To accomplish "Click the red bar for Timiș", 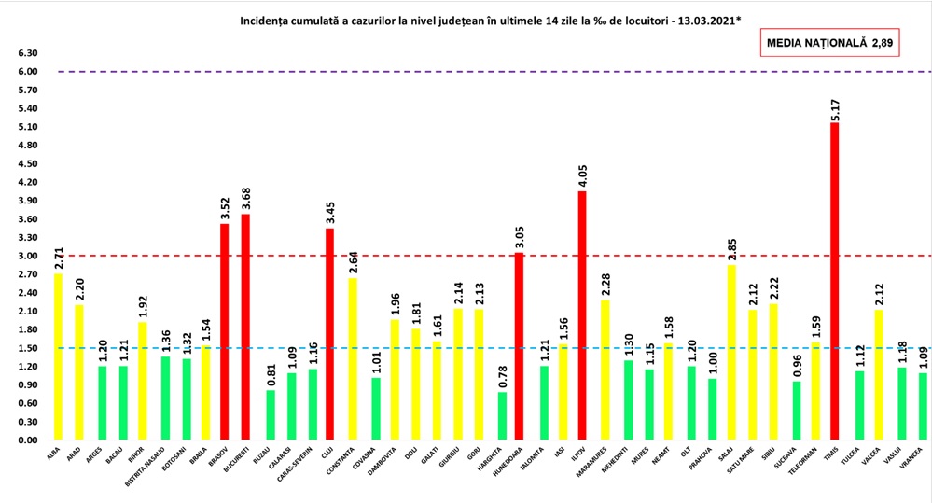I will [834, 281].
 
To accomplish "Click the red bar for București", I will [245, 327].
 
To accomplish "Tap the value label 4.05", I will [582, 173].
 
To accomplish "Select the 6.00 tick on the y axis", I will [28, 72].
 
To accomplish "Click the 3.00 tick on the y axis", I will [28, 256].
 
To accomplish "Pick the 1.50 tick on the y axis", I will [28, 348].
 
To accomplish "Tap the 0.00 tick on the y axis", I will [28, 440].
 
